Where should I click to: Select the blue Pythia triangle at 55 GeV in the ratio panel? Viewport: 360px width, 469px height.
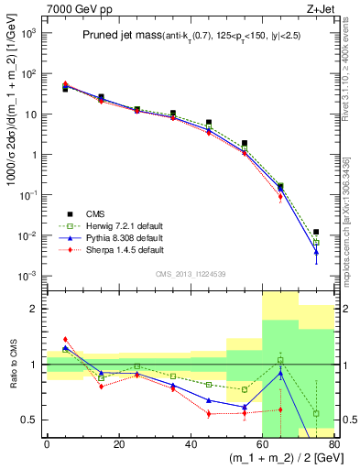tap(245, 407)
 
